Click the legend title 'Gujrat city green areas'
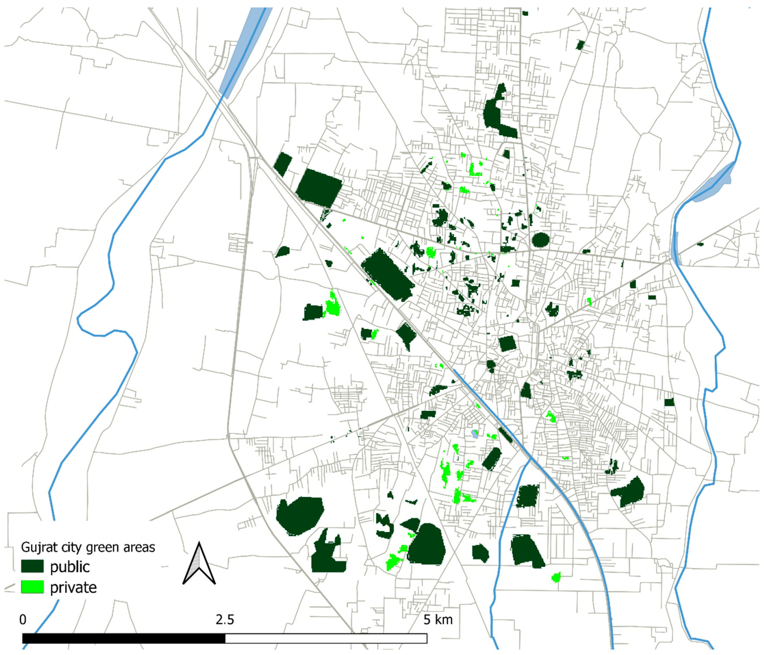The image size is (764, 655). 88,547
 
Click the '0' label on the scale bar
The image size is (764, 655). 23,620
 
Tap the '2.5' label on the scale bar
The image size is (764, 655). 225,620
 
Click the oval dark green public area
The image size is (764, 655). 541,240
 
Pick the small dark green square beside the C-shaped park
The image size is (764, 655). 506,154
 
